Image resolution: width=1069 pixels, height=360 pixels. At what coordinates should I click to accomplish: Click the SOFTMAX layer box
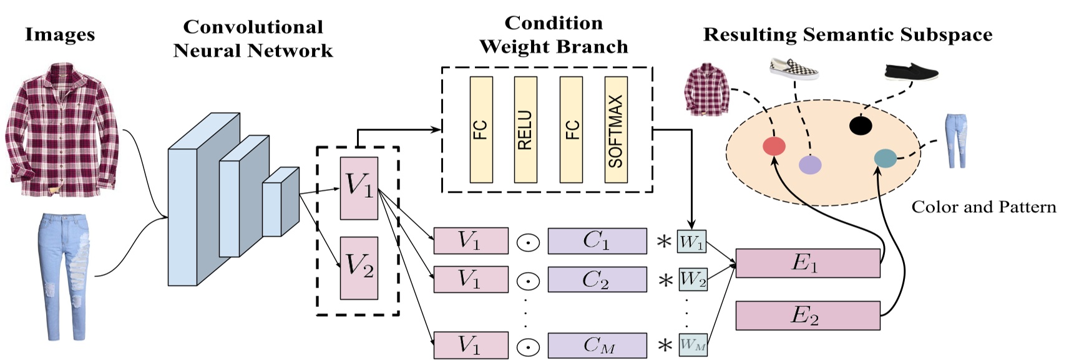[x=615, y=130]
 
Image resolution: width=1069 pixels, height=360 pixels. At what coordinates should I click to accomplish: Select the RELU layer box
[x=525, y=130]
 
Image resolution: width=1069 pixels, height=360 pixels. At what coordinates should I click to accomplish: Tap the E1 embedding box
[x=808, y=263]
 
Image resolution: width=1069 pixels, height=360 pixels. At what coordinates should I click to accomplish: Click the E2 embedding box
[x=808, y=315]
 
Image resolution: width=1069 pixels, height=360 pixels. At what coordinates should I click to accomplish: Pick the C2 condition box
[x=597, y=280]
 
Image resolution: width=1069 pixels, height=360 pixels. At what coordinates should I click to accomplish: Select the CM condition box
[x=597, y=345]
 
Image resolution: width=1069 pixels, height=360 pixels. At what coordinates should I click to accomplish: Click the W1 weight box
[x=691, y=242]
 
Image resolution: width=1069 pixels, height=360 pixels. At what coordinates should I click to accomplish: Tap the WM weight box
[x=693, y=344]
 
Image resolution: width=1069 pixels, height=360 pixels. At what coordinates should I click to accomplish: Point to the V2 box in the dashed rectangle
[x=359, y=268]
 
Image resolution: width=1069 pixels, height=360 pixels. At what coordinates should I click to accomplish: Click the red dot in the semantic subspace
[x=774, y=146]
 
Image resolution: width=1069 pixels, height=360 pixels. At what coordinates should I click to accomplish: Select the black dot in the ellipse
[x=861, y=125]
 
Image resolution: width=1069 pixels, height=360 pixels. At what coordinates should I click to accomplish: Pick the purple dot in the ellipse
[x=810, y=165]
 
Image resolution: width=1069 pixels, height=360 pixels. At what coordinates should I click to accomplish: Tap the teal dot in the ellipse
[x=885, y=158]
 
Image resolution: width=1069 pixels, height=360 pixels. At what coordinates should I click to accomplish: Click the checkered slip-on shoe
[x=793, y=69]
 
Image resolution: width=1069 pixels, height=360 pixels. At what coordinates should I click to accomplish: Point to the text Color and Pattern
[x=984, y=207]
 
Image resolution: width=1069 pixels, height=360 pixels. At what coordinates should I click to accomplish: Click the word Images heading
[x=60, y=34]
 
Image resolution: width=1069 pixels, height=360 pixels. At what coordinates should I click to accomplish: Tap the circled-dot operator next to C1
[x=528, y=242]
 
